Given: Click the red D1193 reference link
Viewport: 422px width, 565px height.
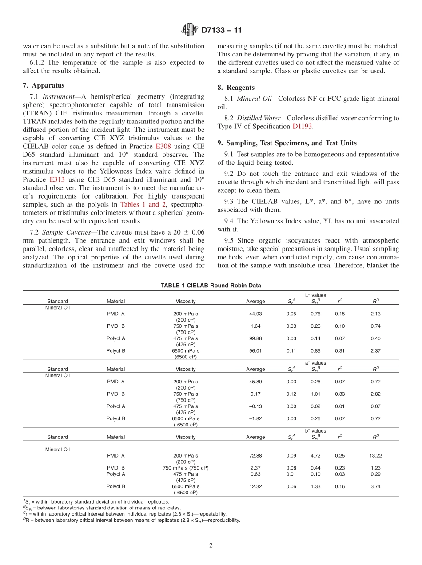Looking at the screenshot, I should pos(302,127).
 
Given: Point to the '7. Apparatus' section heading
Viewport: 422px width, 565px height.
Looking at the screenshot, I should pos(44,85).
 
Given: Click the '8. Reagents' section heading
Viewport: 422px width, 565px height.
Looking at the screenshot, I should pos(236,88).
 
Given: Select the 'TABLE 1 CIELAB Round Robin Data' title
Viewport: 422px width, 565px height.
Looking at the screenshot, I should pos(211,286).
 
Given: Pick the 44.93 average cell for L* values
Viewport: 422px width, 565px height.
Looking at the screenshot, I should pos(255,314).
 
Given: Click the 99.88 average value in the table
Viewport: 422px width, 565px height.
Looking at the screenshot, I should pos(255,338).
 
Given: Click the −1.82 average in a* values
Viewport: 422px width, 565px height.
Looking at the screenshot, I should pos(255,418).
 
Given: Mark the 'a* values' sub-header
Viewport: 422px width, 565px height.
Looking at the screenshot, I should pos(315,363).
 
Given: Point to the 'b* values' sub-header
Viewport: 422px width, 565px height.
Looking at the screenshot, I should pos(315,431).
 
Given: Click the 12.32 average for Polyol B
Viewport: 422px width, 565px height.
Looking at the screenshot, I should pos(255,486).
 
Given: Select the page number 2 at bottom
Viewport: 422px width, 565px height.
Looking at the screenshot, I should pos(211,546).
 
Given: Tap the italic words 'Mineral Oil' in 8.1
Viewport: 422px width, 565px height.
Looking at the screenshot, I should pos(254,99).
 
